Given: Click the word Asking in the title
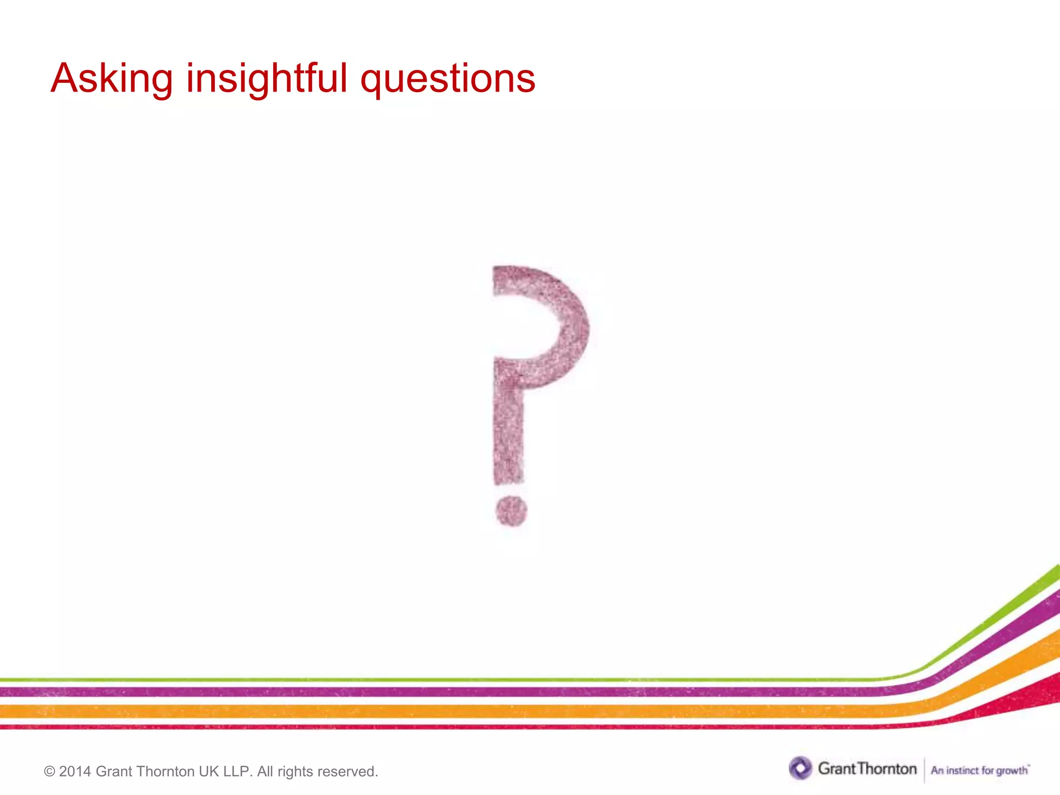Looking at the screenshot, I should point(111,79).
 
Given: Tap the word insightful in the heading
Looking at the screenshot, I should point(267,79).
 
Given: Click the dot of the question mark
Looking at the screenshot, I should point(511,511).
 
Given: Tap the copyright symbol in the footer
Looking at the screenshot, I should point(50,772).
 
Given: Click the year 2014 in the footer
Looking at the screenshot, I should point(75,772).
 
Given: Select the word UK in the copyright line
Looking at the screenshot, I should point(209,772).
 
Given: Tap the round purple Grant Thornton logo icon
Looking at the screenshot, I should point(800,768).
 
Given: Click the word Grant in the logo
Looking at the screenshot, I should point(836,769).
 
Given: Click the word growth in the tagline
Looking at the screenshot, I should point(1012,771).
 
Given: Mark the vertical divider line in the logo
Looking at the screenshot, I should point(924,770).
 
